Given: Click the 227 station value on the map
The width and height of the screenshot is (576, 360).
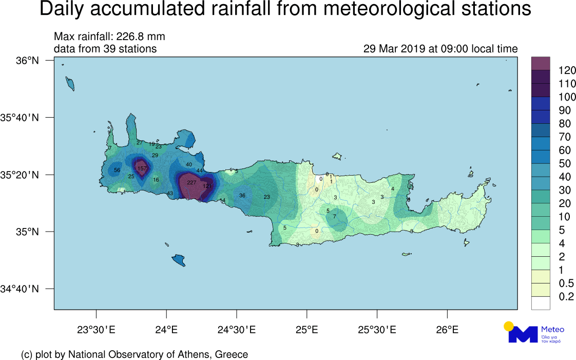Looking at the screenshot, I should tap(191, 183).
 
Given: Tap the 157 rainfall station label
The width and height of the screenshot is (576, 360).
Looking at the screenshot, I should tap(142, 169).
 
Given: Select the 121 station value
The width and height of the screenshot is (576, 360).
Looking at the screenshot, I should tap(207, 186).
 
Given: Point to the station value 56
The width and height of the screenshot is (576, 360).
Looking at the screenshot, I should tap(117, 170).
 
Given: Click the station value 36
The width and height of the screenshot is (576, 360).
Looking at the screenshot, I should tap(242, 196).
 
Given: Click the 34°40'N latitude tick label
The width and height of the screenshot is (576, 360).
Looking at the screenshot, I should tap(20, 289).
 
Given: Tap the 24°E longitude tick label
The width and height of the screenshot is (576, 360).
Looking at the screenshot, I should tap(166, 329).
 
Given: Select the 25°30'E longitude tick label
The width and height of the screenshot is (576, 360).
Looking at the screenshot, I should tap(377, 329).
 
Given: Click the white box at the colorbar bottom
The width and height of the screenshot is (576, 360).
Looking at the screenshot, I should tap(541, 303).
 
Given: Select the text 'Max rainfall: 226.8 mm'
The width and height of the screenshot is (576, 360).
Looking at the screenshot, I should tap(109, 37).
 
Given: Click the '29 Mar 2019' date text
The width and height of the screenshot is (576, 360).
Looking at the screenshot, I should tap(394, 49).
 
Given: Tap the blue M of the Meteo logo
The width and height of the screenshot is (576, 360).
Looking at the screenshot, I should tap(522, 334).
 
